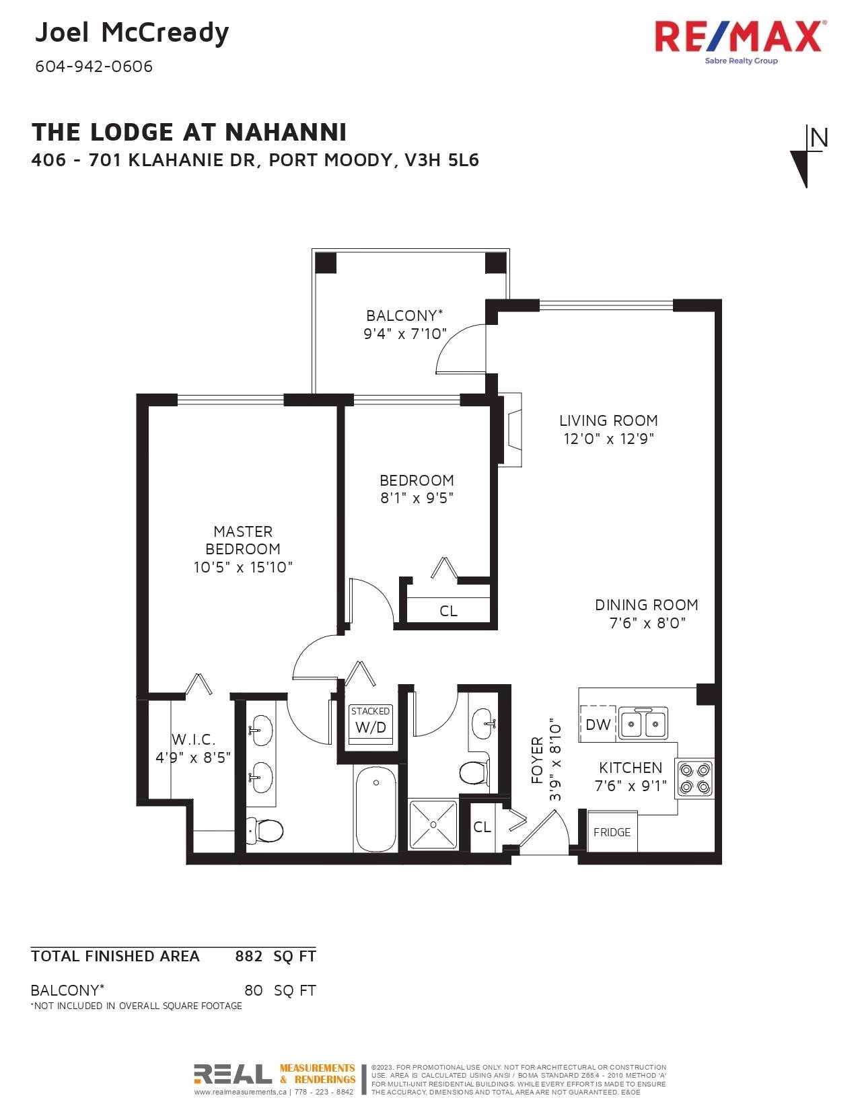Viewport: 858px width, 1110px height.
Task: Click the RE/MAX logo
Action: point(738,42)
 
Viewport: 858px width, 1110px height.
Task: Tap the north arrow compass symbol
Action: point(808,156)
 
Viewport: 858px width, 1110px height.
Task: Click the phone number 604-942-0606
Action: point(94,67)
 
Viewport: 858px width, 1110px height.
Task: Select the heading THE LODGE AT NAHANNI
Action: point(189,133)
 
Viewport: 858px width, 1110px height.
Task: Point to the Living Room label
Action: point(608,420)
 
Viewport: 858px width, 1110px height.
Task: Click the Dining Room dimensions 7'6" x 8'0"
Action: point(647,623)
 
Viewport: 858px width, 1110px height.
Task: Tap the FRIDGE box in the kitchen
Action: point(612,831)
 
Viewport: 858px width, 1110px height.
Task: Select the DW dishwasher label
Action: point(598,724)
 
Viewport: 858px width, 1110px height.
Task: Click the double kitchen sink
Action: point(643,723)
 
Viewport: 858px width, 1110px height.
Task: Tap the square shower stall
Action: point(433,825)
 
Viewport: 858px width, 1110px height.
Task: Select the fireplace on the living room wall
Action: point(511,430)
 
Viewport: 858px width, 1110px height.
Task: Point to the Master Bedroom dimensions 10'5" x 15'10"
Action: point(243,567)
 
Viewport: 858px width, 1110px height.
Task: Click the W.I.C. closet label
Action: point(193,739)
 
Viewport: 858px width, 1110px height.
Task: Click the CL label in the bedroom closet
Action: point(448,611)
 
